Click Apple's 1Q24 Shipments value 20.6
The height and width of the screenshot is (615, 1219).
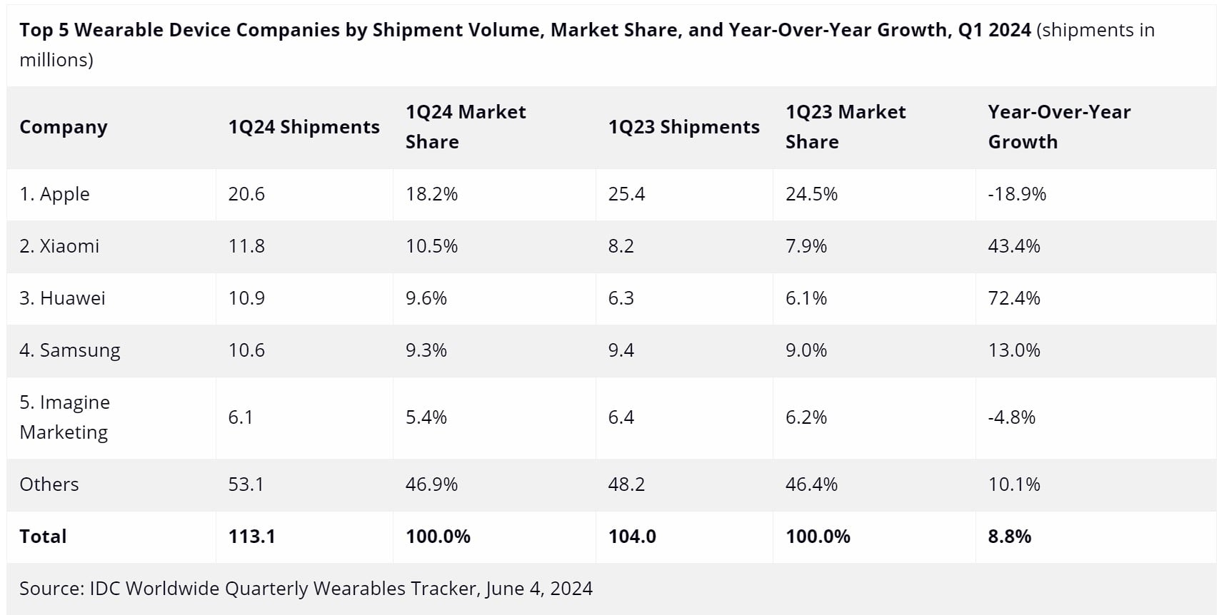pos(246,194)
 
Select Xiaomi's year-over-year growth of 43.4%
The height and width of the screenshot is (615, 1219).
pos(1014,245)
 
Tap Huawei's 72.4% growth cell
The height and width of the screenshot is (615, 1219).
pos(1014,298)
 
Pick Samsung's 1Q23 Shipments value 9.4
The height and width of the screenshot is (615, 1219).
pos(621,350)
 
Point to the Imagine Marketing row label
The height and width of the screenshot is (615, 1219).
pos(65,417)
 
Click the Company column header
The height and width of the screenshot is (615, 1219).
pos(63,127)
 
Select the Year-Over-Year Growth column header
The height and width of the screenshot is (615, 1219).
pos(1059,127)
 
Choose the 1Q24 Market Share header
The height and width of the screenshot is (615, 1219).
pos(466,127)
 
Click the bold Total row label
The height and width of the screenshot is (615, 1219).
pos(43,536)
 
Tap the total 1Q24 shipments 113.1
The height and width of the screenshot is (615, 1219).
pos(252,536)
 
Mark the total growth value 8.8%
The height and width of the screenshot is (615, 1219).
pos(1010,536)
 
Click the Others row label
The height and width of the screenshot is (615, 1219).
pos(49,484)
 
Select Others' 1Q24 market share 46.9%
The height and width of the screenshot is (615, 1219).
pos(431,484)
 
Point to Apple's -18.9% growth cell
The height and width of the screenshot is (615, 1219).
pos(1017,194)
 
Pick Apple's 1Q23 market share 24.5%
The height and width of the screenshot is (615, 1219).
pos(811,194)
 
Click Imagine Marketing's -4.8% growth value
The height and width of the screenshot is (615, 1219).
pos(1012,417)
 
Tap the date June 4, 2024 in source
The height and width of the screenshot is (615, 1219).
pos(538,589)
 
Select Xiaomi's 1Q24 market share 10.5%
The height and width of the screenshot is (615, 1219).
pos(431,245)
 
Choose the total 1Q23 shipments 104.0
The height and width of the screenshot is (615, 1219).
pos(632,536)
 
